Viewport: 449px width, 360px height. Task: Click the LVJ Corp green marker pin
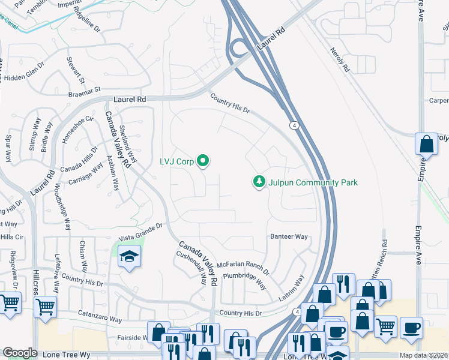pos(203,160)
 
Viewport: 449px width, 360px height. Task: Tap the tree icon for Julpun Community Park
pos(259,182)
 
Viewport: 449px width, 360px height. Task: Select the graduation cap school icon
pos(129,257)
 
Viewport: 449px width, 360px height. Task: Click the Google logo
pos(20,353)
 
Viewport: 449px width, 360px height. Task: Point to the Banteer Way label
pos(289,236)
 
